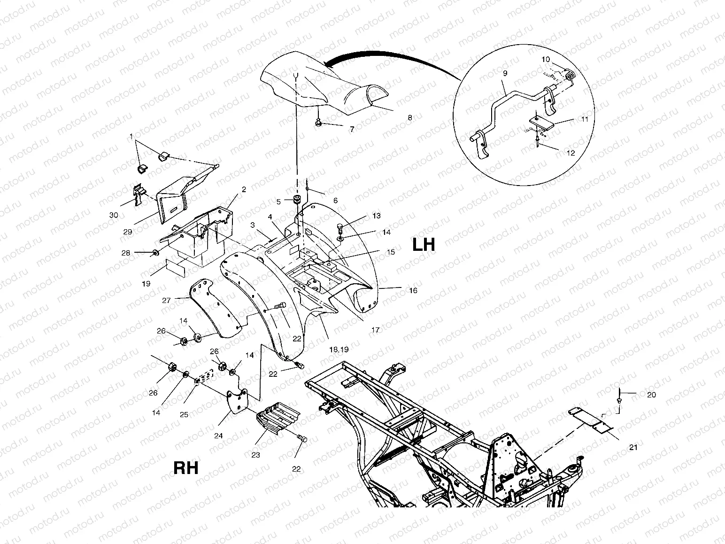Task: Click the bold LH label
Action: (424, 245)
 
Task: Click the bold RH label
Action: (186, 468)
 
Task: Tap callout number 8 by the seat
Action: (409, 118)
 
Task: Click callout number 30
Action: (114, 215)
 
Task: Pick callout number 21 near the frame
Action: (633, 447)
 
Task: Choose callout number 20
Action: (651, 395)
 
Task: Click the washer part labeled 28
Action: (154, 254)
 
